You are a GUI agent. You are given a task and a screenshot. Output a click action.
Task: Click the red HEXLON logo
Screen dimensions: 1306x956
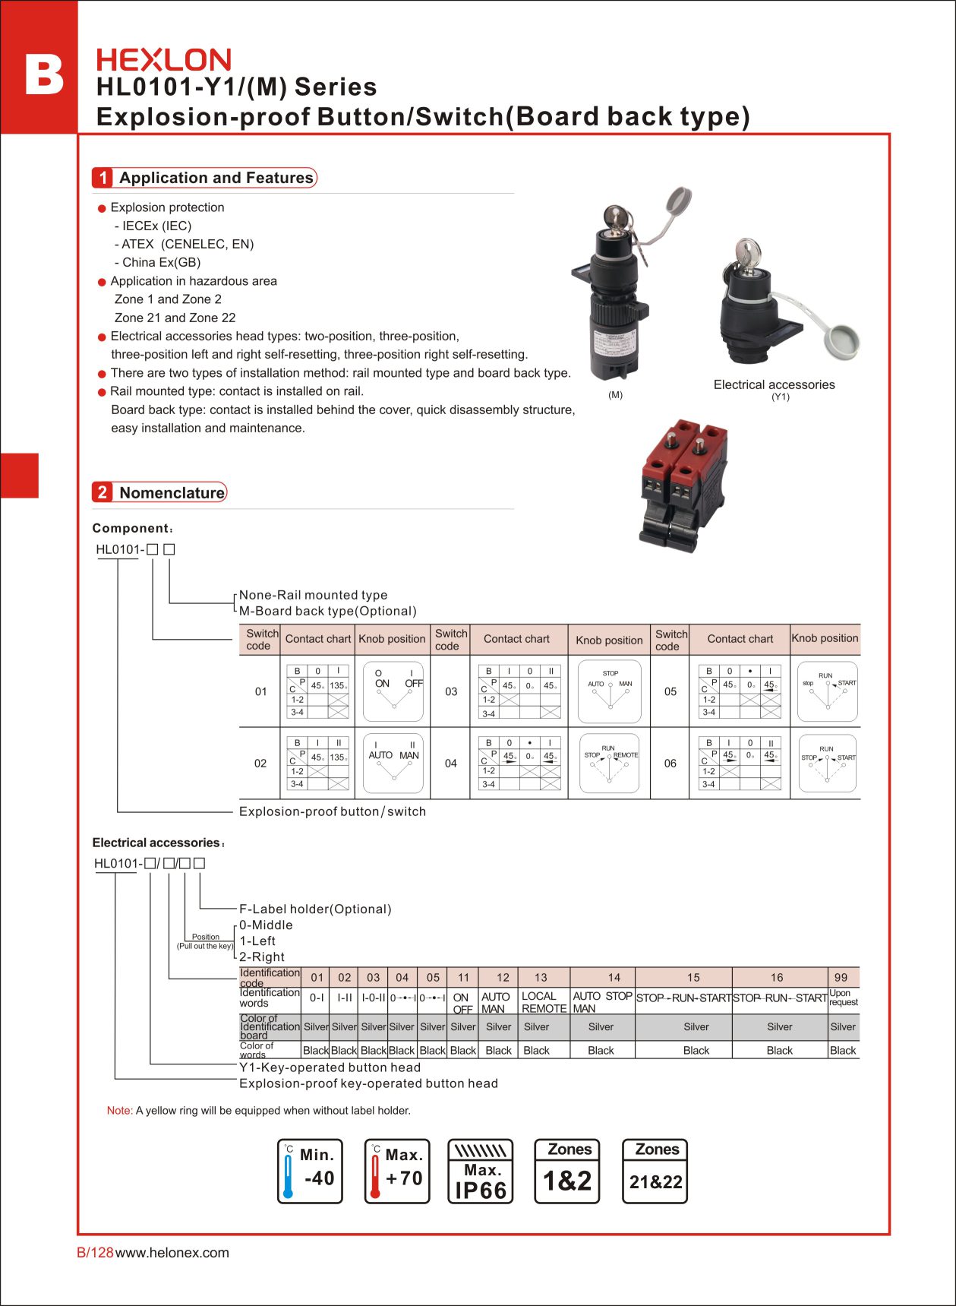point(163,60)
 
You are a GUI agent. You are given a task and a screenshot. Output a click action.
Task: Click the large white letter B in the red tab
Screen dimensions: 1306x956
point(44,74)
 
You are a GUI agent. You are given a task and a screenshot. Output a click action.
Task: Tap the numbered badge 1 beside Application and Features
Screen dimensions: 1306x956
point(103,178)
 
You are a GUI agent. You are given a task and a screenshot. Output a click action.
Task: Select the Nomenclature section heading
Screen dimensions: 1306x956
point(172,492)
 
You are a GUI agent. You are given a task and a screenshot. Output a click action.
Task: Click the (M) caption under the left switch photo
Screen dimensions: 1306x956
point(615,395)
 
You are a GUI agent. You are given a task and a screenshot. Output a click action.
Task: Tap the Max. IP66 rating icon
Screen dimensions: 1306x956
point(481,1171)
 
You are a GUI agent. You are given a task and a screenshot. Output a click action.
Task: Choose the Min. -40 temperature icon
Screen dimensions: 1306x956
point(310,1171)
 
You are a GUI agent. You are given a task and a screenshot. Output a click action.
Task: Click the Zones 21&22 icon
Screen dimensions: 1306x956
point(655,1171)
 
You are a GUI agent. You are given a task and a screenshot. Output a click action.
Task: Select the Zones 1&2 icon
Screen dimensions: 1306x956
point(567,1171)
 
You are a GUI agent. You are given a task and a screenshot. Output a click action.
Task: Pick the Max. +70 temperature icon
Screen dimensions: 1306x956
point(397,1171)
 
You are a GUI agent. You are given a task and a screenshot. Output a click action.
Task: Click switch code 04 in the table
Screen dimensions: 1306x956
point(451,764)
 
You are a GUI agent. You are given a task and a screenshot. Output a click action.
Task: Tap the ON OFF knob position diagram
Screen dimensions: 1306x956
point(393,691)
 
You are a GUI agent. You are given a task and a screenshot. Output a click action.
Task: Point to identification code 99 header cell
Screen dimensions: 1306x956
point(841,977)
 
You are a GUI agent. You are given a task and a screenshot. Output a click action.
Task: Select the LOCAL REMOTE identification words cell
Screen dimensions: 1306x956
point(544,1002)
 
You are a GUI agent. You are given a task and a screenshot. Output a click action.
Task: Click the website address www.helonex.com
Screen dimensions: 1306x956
point(172,1253)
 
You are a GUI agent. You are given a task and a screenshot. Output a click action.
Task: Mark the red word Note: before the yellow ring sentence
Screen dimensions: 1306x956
point(120,1111)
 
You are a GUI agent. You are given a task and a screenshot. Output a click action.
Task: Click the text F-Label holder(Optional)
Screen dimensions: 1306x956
point(315,909)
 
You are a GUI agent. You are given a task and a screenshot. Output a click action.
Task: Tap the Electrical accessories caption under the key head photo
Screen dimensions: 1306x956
point(774,384)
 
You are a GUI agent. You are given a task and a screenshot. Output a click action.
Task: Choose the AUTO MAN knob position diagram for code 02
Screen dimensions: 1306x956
point(393,763)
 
